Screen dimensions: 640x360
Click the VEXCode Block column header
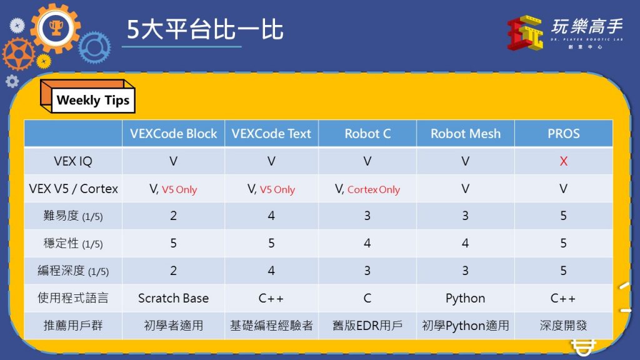[x=174, y=134]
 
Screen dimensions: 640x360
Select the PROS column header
[x=563, y=134]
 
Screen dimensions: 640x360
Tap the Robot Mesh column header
[x=465, y=134]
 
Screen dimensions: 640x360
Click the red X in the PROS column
[x=563, y=161]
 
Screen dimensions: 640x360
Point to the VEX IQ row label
[x=73, y=161]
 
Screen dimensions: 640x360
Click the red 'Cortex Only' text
[x=374, y=189]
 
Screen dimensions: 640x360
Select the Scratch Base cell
[x=174, y=298]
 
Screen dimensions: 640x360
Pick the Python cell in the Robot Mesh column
[x=465, y=298]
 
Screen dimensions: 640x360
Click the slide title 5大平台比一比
[x=205, y=29]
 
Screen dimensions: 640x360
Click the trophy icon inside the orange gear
[x=56, y=27]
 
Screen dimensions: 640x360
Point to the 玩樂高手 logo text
[x=586, y=26]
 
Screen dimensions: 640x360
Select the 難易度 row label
[x=73, y=216]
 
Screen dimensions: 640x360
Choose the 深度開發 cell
[x=563, y=325]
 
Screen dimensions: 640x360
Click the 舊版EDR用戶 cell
[x=367, y=325]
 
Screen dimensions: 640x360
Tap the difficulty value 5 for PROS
[x=563, y=216]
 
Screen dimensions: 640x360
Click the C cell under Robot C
[x=367, y=298]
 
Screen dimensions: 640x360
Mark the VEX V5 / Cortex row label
[x=73, y=189]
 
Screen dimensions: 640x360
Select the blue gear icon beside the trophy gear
[x=94, y=47]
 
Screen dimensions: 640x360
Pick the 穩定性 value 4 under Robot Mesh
[x=465, y=243]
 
